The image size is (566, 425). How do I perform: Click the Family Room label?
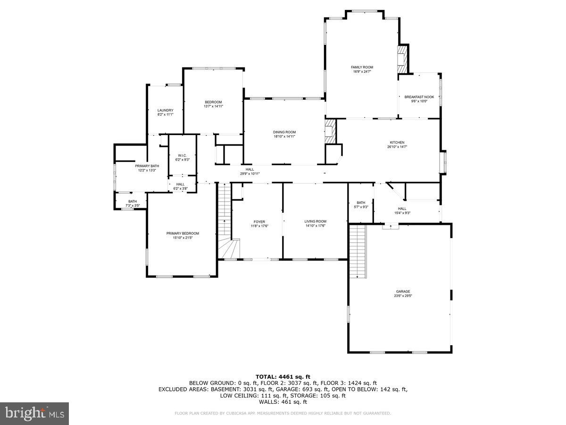[x=362, y=68]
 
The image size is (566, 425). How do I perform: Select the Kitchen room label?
[x=397, y=143]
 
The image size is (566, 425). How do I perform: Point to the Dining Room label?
[x=284, y=132]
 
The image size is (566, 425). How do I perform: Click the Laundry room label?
[x=165, y=110]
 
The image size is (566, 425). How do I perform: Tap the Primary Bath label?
[x=147, y=166]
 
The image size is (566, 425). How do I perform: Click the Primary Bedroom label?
[x=183, y=233]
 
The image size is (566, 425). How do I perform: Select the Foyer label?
[x=259, y=221]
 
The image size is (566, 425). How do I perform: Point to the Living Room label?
[x=315, y=221]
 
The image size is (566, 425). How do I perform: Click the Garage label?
[x=402, y=291]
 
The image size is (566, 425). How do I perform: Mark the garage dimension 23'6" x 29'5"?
[x=402, y=296]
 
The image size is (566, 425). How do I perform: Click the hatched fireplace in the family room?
[x=402, y=59]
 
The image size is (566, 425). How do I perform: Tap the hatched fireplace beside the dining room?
[x=330, y=131]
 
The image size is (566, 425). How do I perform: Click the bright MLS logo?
[x=34, y=413]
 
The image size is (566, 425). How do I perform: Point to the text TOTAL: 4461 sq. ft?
[x=283, y=376]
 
